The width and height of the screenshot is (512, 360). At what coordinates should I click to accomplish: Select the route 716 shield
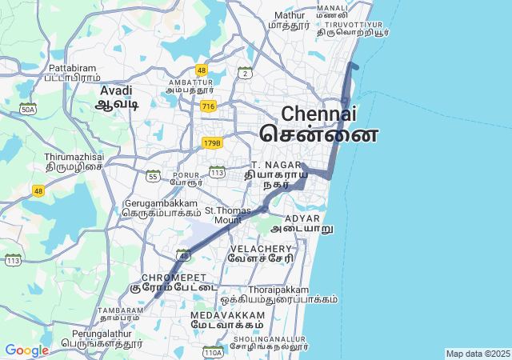click(208, 106)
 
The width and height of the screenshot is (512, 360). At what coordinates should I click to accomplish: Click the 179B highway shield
click(211, 142)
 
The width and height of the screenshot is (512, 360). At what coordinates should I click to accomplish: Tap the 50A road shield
click(28, 109)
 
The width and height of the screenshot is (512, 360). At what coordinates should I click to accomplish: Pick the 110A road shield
click(212, 352)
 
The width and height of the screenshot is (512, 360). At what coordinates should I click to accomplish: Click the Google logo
click(26, 350)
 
